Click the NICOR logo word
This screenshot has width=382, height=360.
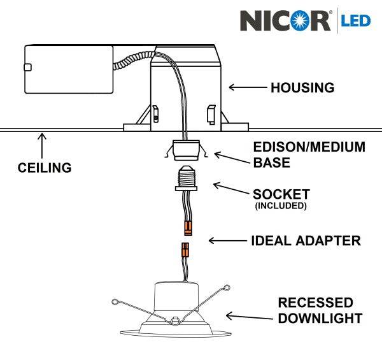point(285,20)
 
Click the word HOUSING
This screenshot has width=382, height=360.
point(302,88)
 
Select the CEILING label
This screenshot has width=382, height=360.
point(44,168)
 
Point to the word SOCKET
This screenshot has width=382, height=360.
point(281,194)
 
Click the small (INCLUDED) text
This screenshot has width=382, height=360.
point(281,206)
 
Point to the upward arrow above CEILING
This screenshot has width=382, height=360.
point(43,145)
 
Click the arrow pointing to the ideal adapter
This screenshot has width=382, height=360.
point(226,241)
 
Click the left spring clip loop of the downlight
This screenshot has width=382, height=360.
point(115,301)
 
